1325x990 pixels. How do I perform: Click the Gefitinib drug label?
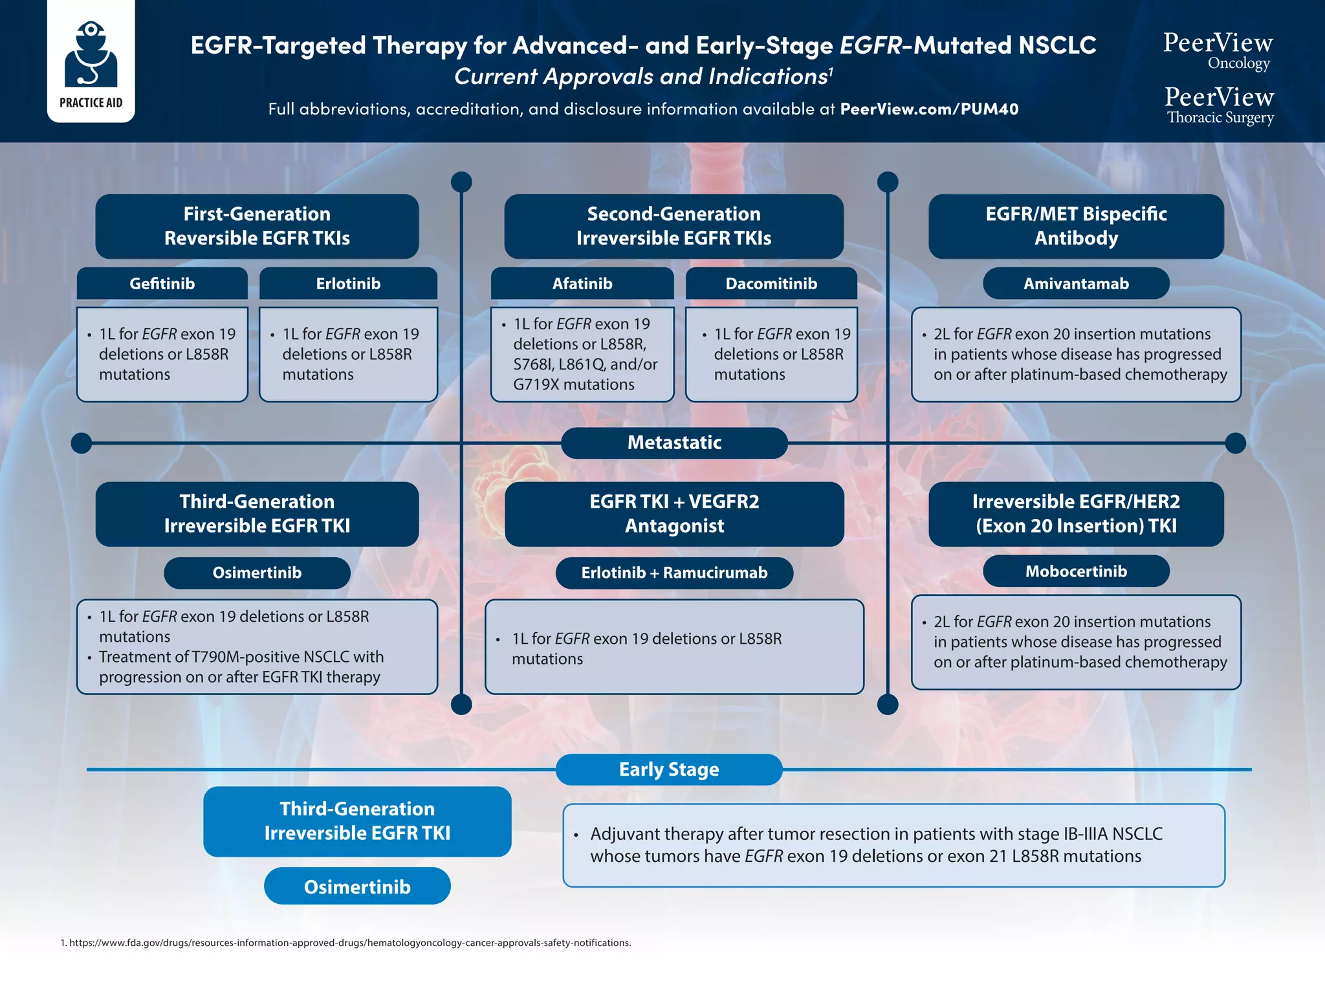click(162, 283)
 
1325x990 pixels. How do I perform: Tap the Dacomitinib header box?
click(771, 283)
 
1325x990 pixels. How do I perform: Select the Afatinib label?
click(582, 283)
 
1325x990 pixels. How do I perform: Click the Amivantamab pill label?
click(1075, 283)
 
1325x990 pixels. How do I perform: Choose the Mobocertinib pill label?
click(1075, 571)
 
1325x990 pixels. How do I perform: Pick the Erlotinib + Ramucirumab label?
click(673, 573)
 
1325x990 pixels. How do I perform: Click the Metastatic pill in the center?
click(673, 443)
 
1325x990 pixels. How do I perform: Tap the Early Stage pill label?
click(668, 769)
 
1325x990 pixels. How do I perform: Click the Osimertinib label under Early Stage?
click(357, 886)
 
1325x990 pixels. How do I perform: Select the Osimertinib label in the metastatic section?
click(257, 573)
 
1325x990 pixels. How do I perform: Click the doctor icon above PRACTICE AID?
click(91, 55)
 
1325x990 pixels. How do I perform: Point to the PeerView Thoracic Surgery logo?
click(1219, 105)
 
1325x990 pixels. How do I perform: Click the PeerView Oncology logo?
click(1218, 50)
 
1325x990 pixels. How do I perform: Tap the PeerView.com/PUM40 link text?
click(928, 109)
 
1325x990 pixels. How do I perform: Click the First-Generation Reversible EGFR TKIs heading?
click(257, 226)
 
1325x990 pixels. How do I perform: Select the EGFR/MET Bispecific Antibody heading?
click(1075, 226)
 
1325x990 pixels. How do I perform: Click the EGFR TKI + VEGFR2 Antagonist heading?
click(673, 513)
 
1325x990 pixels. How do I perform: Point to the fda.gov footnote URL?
click(349, 943)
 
